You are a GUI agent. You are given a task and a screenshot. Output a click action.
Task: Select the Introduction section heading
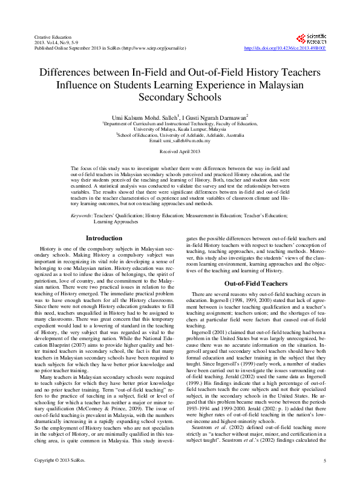click(104, 238)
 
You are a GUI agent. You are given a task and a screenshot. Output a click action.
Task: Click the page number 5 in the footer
click(324, 478)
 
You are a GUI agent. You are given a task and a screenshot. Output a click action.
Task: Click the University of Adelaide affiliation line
click(180, 134)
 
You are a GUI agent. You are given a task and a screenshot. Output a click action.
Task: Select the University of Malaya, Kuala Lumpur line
click(179, 128)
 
